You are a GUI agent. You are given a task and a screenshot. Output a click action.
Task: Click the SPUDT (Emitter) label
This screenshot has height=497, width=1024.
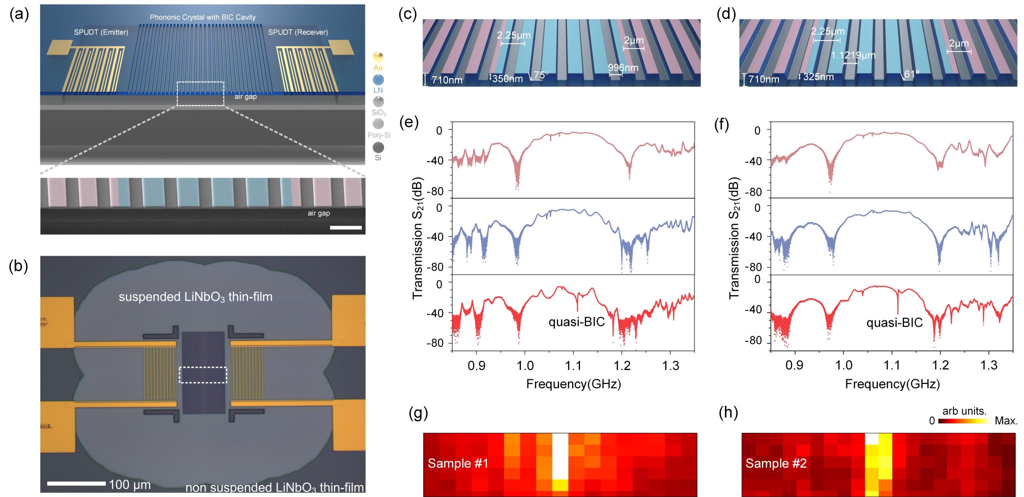[x=101, y=32]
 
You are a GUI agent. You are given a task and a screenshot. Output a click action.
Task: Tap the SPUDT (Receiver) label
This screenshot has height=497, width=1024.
[x=298, y=32]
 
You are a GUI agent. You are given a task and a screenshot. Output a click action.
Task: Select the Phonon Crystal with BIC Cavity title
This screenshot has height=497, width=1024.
[x=202, y=17]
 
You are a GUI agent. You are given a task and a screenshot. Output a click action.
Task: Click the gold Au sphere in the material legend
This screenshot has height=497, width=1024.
[x=378, y=57]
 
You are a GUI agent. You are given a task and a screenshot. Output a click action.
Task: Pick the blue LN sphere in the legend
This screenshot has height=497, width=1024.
[x=378, y=80]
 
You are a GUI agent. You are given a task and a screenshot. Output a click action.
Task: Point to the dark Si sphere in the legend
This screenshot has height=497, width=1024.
[x=378, y=147]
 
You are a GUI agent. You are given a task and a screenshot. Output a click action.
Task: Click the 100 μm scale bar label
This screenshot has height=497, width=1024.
[x=129, y=484]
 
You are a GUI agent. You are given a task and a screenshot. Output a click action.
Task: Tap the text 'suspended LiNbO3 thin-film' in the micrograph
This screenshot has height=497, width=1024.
[x=195, y=297]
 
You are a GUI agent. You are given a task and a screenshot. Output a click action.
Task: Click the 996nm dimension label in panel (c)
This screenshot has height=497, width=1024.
[x=623, y=68]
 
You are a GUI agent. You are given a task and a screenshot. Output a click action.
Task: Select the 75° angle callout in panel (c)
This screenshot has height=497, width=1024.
[x=540, y=75]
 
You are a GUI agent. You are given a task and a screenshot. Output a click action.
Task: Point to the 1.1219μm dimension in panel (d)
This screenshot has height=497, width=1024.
[x=853, y=55]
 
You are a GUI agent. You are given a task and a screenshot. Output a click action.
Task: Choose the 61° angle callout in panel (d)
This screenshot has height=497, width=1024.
[x=911, y=75]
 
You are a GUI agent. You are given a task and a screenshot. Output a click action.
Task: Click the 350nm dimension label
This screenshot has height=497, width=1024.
[x=507, y=79]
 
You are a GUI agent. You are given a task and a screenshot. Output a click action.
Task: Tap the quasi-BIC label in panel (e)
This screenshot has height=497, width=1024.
[x=576, y=322]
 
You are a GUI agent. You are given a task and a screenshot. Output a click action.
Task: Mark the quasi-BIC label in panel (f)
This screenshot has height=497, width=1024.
[x=894, y=323]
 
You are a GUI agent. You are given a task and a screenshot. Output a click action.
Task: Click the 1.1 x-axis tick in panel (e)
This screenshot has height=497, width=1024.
[x=573, y=366]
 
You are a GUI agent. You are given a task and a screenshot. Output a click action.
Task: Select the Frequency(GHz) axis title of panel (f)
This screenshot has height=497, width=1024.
[x=892, y=384]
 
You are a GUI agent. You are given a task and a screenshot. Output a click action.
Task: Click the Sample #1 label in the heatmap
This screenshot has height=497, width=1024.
[x=457, y=463]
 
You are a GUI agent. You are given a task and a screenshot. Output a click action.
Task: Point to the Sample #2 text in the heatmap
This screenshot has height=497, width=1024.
[x=775, y=463]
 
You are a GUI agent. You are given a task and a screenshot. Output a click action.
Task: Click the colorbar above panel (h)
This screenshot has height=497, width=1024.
[x=964, y=421]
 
